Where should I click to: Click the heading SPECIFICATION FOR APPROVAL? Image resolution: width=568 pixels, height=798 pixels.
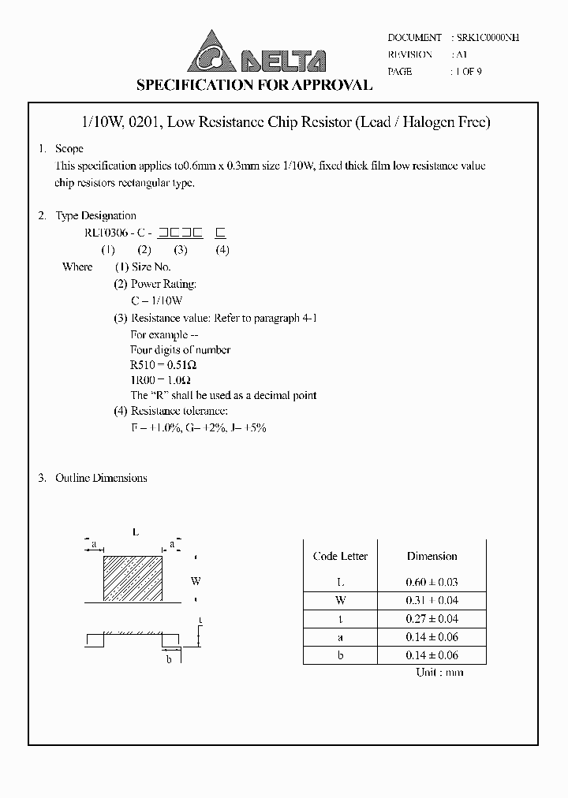tap(255, 85)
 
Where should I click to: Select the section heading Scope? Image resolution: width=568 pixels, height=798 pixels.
tap(69, 149)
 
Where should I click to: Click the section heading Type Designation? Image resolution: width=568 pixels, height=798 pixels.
tap(95, 215)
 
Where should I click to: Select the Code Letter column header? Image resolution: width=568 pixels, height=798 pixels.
tap(340, 556)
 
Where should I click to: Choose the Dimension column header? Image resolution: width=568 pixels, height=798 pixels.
tap(432, 556)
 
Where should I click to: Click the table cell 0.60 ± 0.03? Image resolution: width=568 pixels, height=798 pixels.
tap(432, 583)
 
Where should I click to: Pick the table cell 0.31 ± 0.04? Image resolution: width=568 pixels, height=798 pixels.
tap(432, 600)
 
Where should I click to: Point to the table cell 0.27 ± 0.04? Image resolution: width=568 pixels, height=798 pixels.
tap(432, 619)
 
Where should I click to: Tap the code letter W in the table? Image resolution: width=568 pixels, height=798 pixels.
tap(340, 600)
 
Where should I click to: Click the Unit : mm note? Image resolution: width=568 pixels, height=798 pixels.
tap(439, 672)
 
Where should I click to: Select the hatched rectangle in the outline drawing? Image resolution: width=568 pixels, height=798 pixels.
tap(133, 579)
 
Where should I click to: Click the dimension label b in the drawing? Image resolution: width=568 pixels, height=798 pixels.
tap(168, 659)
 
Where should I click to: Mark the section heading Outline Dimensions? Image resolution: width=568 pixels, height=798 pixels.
tap(101, 478)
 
